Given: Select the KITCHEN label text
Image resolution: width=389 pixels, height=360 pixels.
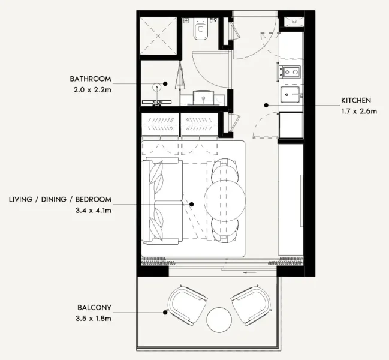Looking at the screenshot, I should pyautogui.click(x=356, y=100).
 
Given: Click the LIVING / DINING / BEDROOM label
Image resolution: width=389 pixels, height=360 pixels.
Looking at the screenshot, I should pyautogui.click(x=60, y=199).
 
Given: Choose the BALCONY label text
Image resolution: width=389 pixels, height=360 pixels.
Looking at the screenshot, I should pyautogui.click(x=94, y=308).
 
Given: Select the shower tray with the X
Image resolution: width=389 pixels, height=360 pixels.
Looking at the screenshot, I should pyautogui.click(x=159, y=37).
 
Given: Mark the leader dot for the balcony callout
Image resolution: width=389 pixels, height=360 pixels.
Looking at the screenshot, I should pyautogui.click(x=165, y=312).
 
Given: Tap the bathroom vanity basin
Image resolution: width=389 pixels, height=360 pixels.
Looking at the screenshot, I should pyautogui.click(x=204, y=97).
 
